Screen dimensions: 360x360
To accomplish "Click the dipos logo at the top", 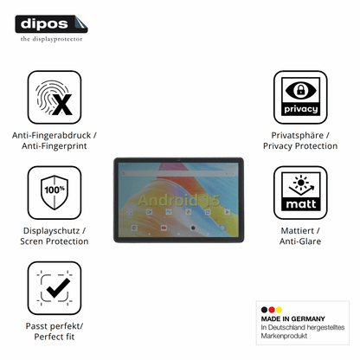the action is point(51,24).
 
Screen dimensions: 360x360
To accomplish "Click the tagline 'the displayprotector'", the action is point(51,39).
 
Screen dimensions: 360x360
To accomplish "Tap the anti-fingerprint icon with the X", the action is point(55,97).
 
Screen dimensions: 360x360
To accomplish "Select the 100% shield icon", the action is point(55,193).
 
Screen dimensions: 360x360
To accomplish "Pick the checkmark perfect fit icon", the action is point(55,288).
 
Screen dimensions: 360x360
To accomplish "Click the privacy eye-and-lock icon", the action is point(300,97).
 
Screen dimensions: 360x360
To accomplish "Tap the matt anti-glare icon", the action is point(300,193).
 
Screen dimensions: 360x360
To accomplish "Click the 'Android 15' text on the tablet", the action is point(179,200).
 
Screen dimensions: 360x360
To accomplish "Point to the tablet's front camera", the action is point(178,160).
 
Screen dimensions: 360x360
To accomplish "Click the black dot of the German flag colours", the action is point(264,310).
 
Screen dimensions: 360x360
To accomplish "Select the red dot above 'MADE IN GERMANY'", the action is point(272,310).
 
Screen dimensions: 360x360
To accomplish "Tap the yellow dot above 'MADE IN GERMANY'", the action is point(279,310).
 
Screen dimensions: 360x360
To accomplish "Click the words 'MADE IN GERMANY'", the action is point(293,318).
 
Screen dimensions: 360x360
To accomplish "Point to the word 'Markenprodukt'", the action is point(284,336).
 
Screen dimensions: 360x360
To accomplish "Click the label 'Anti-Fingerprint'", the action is point(55,146).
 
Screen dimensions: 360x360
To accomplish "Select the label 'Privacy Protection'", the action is point(300,146).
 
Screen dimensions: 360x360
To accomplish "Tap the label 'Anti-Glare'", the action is point(300,241).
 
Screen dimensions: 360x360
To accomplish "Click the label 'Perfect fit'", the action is point(55,337).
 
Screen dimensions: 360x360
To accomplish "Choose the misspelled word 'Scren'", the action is point(31,241).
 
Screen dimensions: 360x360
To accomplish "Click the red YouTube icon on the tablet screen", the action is point(164,228).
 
